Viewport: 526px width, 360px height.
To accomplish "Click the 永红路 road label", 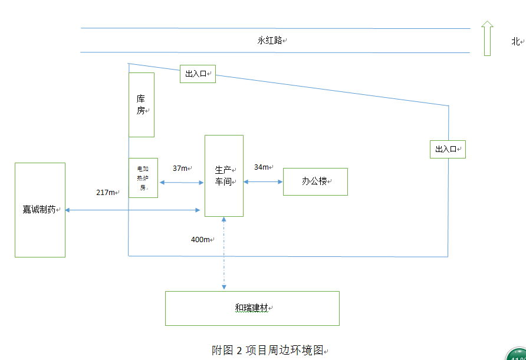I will tap(270, 41).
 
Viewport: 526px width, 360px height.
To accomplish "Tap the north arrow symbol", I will tap(487, 38).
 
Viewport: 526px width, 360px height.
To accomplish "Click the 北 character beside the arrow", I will tap(515, 41).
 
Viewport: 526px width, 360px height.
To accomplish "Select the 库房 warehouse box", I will tap(142, 105).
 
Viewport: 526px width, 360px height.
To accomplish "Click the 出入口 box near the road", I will tap(198, 74).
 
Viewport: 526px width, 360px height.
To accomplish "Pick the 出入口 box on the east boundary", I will tap(448, 149).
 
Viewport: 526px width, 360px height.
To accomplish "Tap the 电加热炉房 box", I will tap(143, 178).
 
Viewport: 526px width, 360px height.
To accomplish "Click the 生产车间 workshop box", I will tap(224, 176).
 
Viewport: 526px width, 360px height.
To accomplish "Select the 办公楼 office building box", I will tap(315, 181).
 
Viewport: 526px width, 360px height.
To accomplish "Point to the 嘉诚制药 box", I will tap(40, 210).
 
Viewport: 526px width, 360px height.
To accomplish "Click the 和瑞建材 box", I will tap(252, 308).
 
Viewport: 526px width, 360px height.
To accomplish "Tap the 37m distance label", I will tap(180, 169).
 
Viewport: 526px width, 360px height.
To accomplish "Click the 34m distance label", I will tap(262, 167).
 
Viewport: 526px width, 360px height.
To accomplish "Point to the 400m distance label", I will tap(200, 240).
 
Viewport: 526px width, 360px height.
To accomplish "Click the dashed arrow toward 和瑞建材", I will tap(224, 253).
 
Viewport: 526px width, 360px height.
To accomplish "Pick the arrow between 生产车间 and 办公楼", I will tap(263, 182).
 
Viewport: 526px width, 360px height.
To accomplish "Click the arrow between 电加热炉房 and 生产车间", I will tap(181, 183).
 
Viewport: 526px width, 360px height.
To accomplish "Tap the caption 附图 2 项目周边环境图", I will tap(268, 350).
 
